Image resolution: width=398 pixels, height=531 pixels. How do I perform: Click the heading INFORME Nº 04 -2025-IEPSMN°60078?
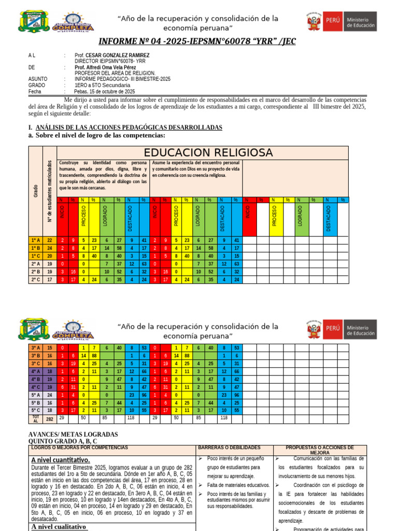[x=197, y=41]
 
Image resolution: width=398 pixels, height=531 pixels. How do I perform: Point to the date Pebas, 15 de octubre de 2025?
[x=105, y=91]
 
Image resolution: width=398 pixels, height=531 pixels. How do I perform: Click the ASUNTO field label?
[x=38, y=79]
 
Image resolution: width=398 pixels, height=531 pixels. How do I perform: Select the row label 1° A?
[x=35, y=240]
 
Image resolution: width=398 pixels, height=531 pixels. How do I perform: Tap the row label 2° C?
[x=35, y=279]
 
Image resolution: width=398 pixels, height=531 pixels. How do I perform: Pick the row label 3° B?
[x=35, y=356]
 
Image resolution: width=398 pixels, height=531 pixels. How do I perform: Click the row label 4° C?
[x=35, y=387]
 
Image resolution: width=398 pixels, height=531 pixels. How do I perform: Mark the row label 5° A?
[x=35, y=395]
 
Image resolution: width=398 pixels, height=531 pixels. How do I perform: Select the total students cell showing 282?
[x=50, y=418]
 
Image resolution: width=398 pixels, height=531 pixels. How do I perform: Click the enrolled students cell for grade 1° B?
[x=50, y=248]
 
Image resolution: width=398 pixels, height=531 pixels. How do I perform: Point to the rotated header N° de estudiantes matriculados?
[x=50, y=190]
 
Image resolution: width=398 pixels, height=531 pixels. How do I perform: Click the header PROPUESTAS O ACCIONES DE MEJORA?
[x=320, y=450]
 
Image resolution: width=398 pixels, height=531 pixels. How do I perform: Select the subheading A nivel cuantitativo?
[x=60, y=460]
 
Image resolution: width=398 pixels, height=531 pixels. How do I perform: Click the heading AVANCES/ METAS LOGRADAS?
[x=73, y=434]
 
